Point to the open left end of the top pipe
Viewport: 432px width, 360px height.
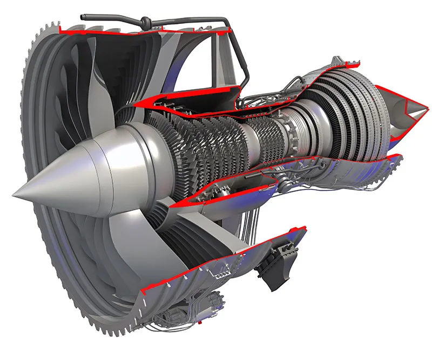83,17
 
